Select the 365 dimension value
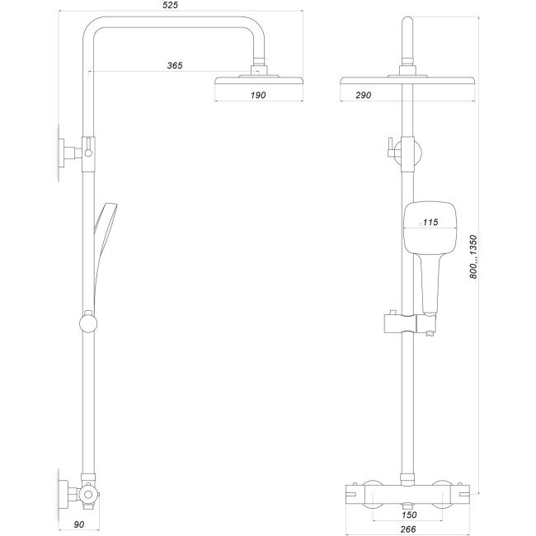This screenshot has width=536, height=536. tap(173, 64)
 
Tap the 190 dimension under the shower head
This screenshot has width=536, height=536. tap(258, 96)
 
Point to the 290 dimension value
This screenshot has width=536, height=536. tap(363, 96)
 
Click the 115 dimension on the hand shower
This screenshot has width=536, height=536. tap(430, 222)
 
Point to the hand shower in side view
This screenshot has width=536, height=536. tap(103, 239)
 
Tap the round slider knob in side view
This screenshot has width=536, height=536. tap(87, 320)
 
